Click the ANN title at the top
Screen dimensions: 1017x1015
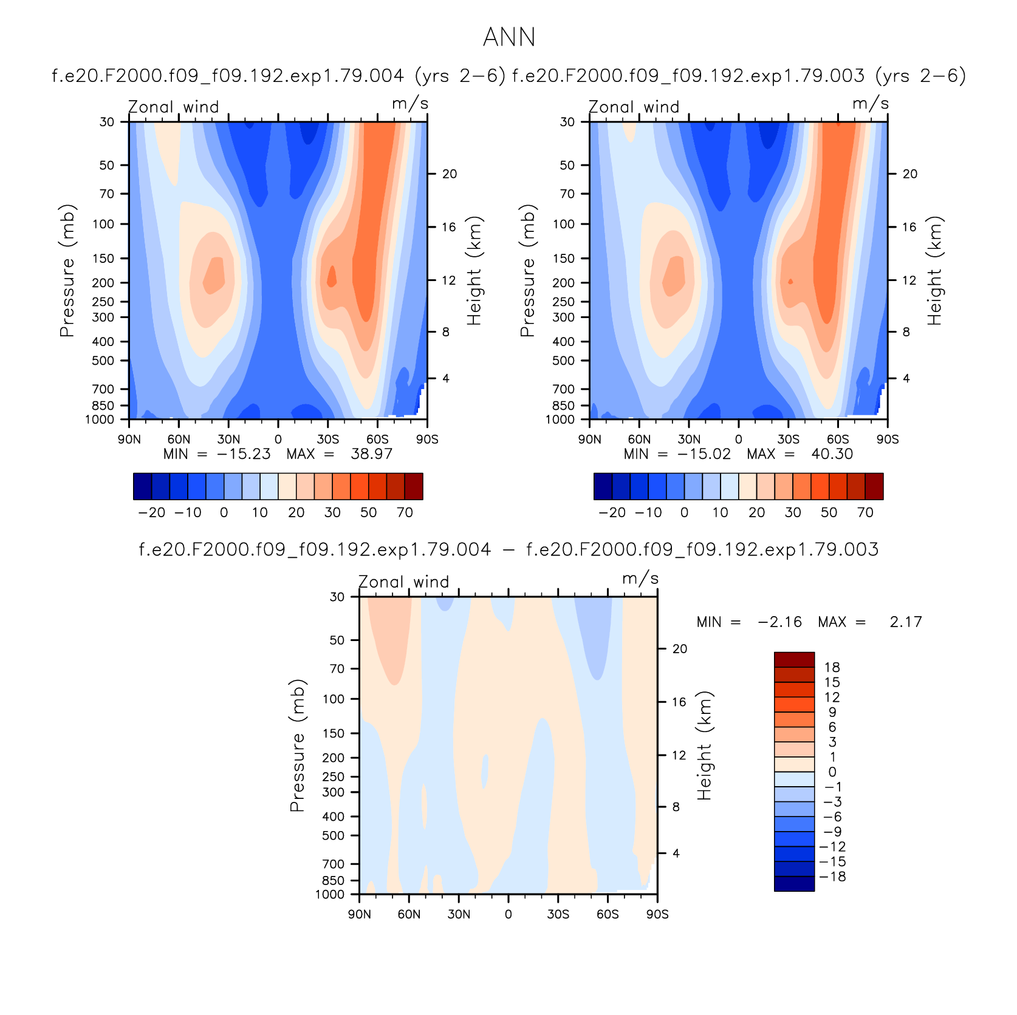click(509, 38)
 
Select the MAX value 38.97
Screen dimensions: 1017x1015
click(372, 454)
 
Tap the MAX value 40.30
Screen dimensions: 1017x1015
click(832, 454)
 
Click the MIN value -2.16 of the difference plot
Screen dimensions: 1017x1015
click(780, 622)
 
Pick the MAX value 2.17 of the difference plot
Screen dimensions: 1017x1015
click(906, 622)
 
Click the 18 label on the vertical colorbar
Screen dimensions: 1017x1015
click(832, 667)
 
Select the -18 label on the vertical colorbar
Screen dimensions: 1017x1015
click(833, 877)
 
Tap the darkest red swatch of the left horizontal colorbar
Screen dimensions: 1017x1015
click(414, 486)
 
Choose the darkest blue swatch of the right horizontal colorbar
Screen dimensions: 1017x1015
click(603, 486)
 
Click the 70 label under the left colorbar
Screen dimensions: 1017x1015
click(405, 512)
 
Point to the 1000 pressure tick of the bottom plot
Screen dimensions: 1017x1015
click(330, 894)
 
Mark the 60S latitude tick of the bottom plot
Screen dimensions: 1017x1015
click(608, 914)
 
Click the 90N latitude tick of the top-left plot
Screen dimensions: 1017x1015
click(129, 439)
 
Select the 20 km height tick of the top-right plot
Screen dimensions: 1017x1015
click(909, 174)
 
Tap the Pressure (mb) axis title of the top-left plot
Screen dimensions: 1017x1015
click(67, 271)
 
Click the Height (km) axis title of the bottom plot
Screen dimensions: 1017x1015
click(704, 745)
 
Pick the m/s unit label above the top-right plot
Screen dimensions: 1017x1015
click(871, 104)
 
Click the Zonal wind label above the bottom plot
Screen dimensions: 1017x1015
click(404, 582)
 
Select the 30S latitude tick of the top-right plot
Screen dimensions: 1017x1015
click(788, 439)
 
